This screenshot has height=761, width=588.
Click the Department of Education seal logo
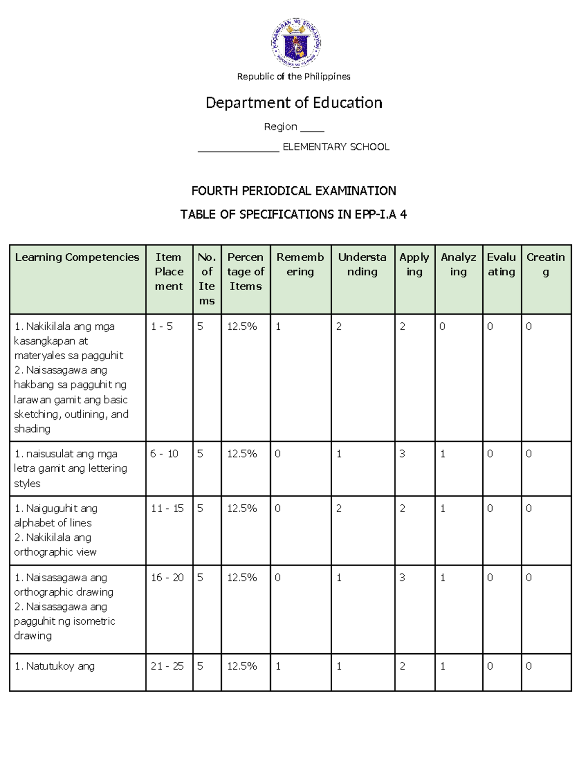pos(295,43)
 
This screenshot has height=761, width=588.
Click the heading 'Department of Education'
pos(294,103)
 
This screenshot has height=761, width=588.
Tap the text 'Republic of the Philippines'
pos(294,76)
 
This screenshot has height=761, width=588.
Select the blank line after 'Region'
pos(312,128)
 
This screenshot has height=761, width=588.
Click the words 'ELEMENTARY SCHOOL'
pos(336,147)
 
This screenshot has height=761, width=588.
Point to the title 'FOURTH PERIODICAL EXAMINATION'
pos(294,191)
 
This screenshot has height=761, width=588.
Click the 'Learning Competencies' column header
pos(77,257)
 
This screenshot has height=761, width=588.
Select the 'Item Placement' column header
pos(169,271)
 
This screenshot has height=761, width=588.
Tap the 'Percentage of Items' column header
pos(245,271)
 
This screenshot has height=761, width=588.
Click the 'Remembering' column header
pos(300,264)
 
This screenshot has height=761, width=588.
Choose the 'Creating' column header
pos(545,264)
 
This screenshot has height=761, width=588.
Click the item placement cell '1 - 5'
pos(162,326)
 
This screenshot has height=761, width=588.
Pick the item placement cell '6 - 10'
pos(164,454)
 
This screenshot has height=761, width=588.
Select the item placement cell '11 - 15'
pos(167,509)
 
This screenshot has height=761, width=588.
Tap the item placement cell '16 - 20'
pos(167,578)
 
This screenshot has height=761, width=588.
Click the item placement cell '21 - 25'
pos(167,666)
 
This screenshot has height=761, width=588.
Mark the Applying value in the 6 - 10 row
pos(402,454)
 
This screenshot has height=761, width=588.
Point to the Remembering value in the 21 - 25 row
pos(278,666)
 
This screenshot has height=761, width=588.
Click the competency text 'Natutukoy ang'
pos(55,666)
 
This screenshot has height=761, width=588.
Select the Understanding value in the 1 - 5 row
pos(339,326)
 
